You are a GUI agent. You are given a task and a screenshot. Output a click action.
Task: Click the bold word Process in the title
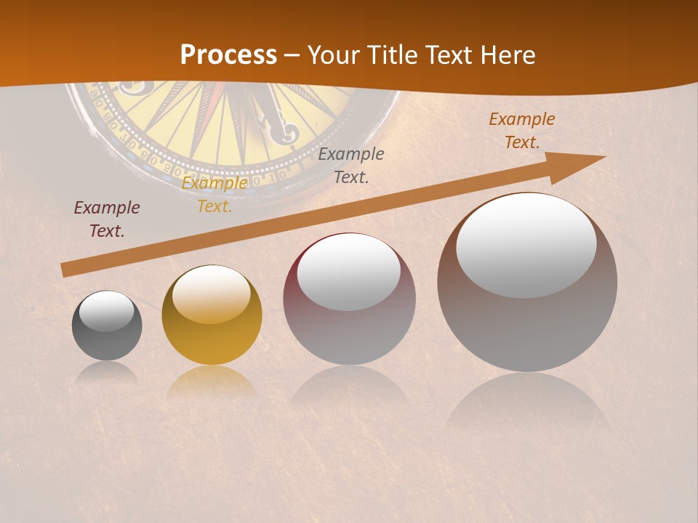[x=228, y=54]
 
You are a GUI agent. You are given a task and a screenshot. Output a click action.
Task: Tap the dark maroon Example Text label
[x=107, y=219]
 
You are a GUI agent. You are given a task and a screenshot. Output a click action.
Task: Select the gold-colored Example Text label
[x=214, y=195]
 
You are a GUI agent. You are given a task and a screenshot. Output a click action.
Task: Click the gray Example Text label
[x=351, y=165]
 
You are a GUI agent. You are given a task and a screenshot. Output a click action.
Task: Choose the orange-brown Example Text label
[x=522, y=131]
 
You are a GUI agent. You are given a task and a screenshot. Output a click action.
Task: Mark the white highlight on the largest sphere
[x=526, y=245]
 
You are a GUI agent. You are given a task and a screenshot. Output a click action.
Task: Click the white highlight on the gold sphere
[x=212, y=294]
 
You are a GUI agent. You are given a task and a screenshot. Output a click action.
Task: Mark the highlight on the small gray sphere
[x=107, y=311]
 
